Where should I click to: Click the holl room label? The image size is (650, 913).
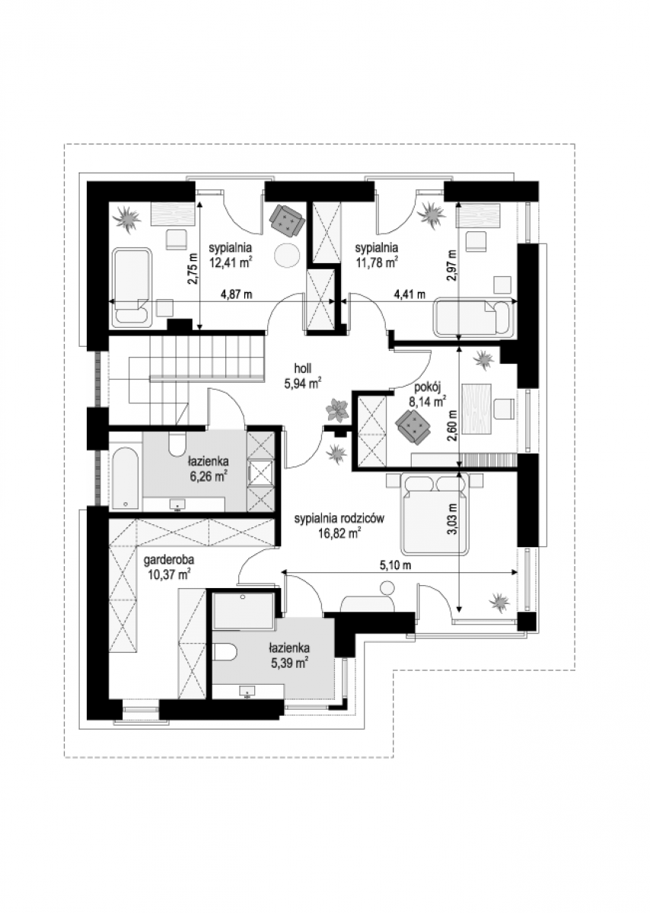tap(304, 368)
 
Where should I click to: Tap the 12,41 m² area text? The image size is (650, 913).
tap(230, 263)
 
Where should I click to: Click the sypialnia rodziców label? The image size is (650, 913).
tap(339, 518)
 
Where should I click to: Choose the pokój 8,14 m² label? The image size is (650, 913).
tap(426, 395)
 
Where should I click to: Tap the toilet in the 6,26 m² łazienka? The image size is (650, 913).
tap(177, 444)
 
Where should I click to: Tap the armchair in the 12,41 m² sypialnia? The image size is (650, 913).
tap(287, 220)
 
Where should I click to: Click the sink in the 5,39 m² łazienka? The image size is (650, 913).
tap(247, 692)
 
